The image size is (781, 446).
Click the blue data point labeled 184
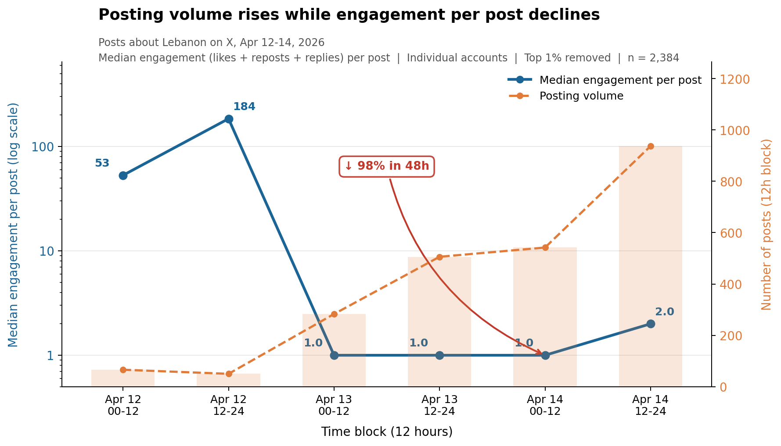pos(229,119)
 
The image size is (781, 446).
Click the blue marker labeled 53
pos(123,175)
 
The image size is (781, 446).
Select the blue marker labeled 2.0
pos(651,324)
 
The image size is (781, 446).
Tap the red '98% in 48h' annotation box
pos(386,166)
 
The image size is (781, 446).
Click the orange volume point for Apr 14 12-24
pos(651,146)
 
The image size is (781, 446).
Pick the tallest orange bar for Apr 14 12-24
pos(651,263)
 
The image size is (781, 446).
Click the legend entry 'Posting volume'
pos(581,96)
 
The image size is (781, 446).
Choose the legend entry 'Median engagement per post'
pos(620,80)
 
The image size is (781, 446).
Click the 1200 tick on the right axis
pos(733,79)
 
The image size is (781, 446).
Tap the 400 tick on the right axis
pos(730,285)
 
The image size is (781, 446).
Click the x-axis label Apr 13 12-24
pos(439,405)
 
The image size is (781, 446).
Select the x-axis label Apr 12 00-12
pos(123,405)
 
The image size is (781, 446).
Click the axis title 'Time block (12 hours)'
pos(386,432)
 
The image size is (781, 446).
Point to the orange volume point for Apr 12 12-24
pos(229,374)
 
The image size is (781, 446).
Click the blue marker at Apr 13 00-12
pos(334,355)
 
